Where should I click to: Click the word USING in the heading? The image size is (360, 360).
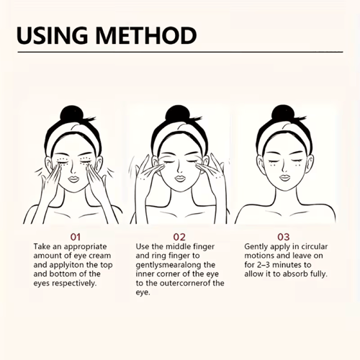click(x=52, y=35)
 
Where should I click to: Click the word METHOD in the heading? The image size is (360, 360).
click(x=146, y=35)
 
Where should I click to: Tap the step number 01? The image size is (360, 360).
click(x=76, y=237)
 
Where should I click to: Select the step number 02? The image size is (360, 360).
click(x=179, y=237)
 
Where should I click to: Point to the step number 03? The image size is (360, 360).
click(x=284, y=237)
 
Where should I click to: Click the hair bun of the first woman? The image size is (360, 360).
click(x=70, y=114)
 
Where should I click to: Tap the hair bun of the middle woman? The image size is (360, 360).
click(x=176, y=114)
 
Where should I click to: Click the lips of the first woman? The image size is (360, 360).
click(x=73, y=179)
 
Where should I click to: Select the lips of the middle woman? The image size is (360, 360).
click(x=179, y=179)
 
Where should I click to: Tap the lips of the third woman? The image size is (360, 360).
click(x=284, y=178)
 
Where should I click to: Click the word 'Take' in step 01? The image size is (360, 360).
click(x=42, y=246)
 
